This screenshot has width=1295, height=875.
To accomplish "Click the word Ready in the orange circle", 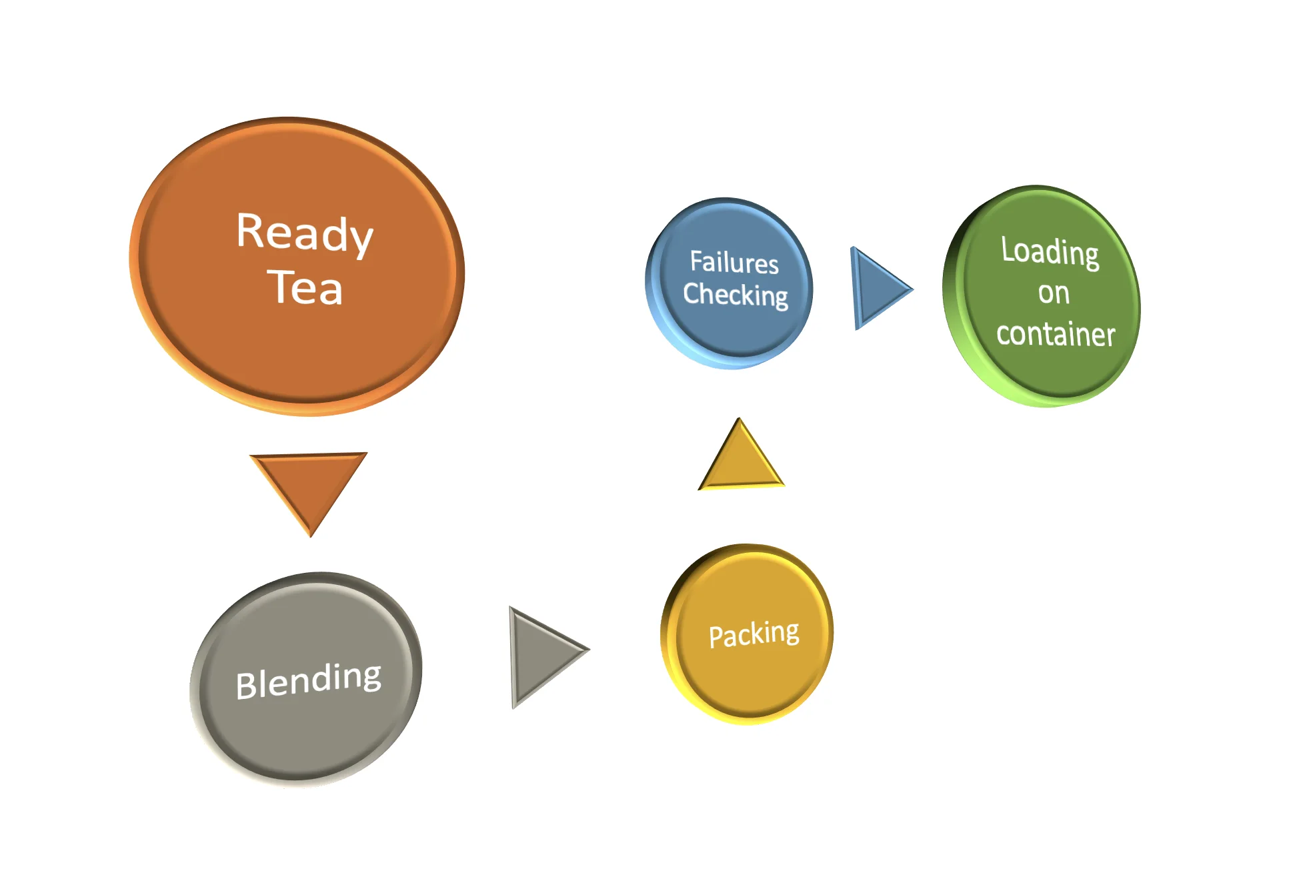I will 305,233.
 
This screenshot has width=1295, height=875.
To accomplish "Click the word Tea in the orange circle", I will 305,288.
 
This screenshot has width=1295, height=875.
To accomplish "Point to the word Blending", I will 308,680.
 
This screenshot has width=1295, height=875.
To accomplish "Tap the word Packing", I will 754,634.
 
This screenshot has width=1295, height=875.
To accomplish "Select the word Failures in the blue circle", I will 734,262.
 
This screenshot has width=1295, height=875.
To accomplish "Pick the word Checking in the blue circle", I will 736,295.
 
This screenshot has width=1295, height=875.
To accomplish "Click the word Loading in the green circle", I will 1050,252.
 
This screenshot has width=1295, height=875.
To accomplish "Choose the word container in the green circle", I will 1056,333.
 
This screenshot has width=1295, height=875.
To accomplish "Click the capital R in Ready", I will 252,230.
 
